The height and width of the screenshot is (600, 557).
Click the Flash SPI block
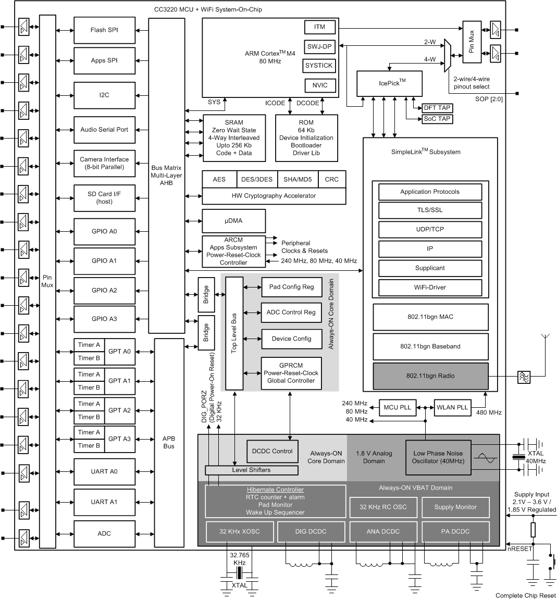(105, 30)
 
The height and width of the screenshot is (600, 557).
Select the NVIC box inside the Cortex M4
(319, 86)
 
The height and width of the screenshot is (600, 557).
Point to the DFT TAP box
(437, 108)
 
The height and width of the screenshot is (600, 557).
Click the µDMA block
(233, 221)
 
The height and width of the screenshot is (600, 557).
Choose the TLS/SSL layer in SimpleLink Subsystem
(430, 210)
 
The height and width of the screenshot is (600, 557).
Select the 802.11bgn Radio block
(430, 376)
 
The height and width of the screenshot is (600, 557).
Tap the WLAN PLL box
(452, 407)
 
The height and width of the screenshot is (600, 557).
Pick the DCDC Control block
(272, 451)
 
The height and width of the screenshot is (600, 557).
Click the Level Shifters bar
(251, 470)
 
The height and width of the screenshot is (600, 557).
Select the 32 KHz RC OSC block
(383, 507)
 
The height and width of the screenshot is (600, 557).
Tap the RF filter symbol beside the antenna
(524, 378)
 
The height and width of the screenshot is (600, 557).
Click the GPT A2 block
(119, 410)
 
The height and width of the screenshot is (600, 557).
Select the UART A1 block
(105, 502)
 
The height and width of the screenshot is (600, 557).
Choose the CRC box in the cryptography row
(331, 179)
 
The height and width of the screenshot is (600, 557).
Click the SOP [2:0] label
(489, 99)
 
